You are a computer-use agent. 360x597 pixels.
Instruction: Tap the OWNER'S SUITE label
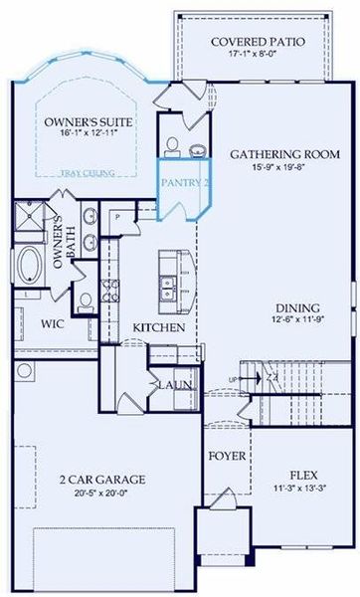(x=88, y=122)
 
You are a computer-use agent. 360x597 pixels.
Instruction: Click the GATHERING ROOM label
(x=285, y=155)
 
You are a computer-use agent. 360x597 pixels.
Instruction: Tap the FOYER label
(x=226, y=457)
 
